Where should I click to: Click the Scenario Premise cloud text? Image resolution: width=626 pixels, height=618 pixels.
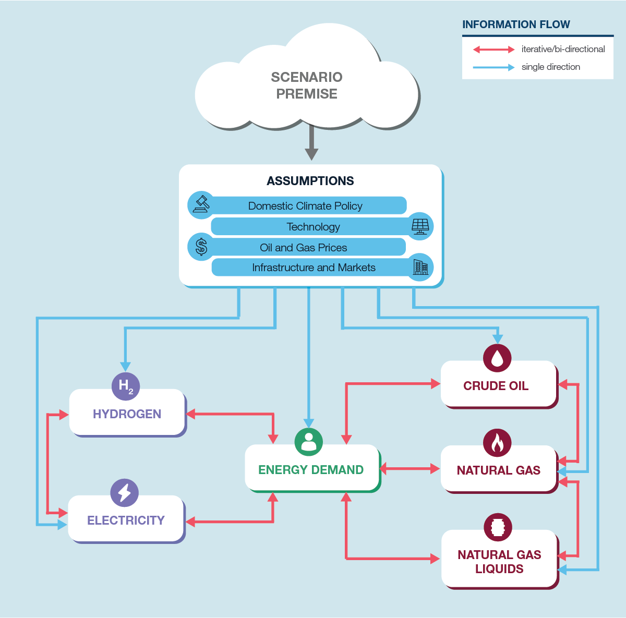307,86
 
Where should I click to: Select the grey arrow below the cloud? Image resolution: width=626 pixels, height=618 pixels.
311,143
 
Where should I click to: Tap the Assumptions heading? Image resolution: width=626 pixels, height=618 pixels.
310,181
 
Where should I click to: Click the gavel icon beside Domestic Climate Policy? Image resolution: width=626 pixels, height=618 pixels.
201,204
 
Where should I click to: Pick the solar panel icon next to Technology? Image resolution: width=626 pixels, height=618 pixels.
420,226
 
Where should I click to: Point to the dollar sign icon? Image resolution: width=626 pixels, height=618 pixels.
201,247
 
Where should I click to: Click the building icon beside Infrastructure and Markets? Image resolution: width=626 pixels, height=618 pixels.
420,267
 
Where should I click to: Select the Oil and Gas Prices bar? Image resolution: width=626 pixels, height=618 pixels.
304,247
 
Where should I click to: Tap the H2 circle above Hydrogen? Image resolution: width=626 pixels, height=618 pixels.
126,386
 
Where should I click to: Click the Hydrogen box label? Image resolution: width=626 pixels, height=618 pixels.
127,414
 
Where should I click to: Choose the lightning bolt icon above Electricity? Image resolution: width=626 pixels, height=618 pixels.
125,492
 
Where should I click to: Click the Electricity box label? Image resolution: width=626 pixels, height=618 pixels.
126,520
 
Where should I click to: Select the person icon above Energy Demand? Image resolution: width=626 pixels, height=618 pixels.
309,442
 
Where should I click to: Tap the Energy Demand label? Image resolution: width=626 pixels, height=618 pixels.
311,470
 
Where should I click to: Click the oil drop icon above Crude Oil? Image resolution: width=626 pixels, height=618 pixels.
497,358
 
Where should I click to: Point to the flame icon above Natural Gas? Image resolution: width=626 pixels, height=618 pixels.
497,443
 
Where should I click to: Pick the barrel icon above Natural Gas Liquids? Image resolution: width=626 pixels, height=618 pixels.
498,527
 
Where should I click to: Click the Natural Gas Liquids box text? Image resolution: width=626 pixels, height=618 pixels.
499,562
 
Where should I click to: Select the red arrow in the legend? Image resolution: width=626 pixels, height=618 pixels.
493,50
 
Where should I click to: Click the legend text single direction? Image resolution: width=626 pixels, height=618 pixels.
551,67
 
